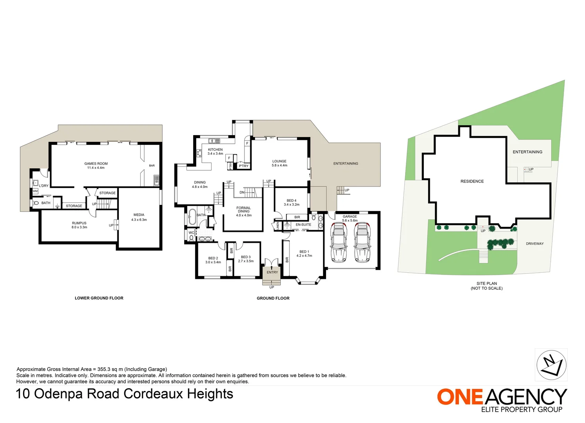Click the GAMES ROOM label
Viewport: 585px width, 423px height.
(x=96, y=164)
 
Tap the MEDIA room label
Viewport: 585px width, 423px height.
(x=139, y=215)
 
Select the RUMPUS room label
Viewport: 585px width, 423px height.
(x=79, y=223)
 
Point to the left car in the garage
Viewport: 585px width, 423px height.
(x=338, y=242)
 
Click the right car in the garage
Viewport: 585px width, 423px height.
(x=362, y=242)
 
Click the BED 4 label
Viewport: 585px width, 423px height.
(x=291, y=201)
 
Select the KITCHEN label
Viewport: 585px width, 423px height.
(x=215, y=150)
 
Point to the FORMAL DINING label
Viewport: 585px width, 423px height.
(x=244, y=210)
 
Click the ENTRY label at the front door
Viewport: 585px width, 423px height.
(x=272, y=272)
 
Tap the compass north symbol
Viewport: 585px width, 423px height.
(x=551, y=365)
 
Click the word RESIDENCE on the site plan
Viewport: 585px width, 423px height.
(x=472, y=181)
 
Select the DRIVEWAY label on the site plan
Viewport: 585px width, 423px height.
(x=535, y=244)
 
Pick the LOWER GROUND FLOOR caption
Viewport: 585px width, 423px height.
(x=99, y=298)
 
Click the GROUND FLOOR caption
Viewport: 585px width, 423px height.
(x=273, y=298)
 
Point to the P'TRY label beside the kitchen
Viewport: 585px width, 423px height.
(x=244, y=166)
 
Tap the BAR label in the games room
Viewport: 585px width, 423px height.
(x=152, y=166)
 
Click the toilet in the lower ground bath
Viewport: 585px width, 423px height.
(x=36, y=203)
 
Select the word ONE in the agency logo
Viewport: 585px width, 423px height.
(x=460, y=397)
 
